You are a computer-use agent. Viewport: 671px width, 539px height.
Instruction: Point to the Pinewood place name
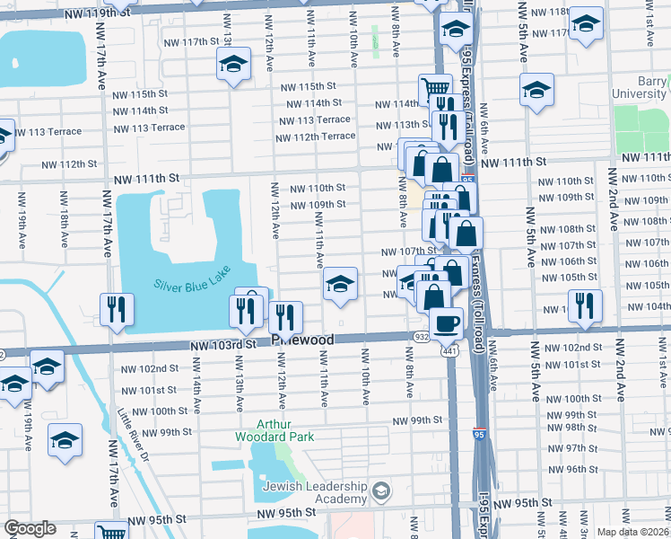point(302,340)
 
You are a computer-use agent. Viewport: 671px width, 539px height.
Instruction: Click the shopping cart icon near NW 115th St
point(435,89)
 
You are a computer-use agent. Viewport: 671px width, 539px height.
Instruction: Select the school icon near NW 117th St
point(233,64)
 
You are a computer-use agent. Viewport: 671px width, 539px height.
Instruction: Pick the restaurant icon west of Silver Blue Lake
point(118,308)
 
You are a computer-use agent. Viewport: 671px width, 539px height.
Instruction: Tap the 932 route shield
point(421,335)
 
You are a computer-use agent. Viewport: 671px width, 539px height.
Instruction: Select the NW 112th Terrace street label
point(315,137)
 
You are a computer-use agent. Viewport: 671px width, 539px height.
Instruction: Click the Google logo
point(30,528)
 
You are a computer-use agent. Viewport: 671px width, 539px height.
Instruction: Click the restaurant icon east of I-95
point(584,305)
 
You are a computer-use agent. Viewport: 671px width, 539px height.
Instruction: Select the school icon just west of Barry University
point(536,90)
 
